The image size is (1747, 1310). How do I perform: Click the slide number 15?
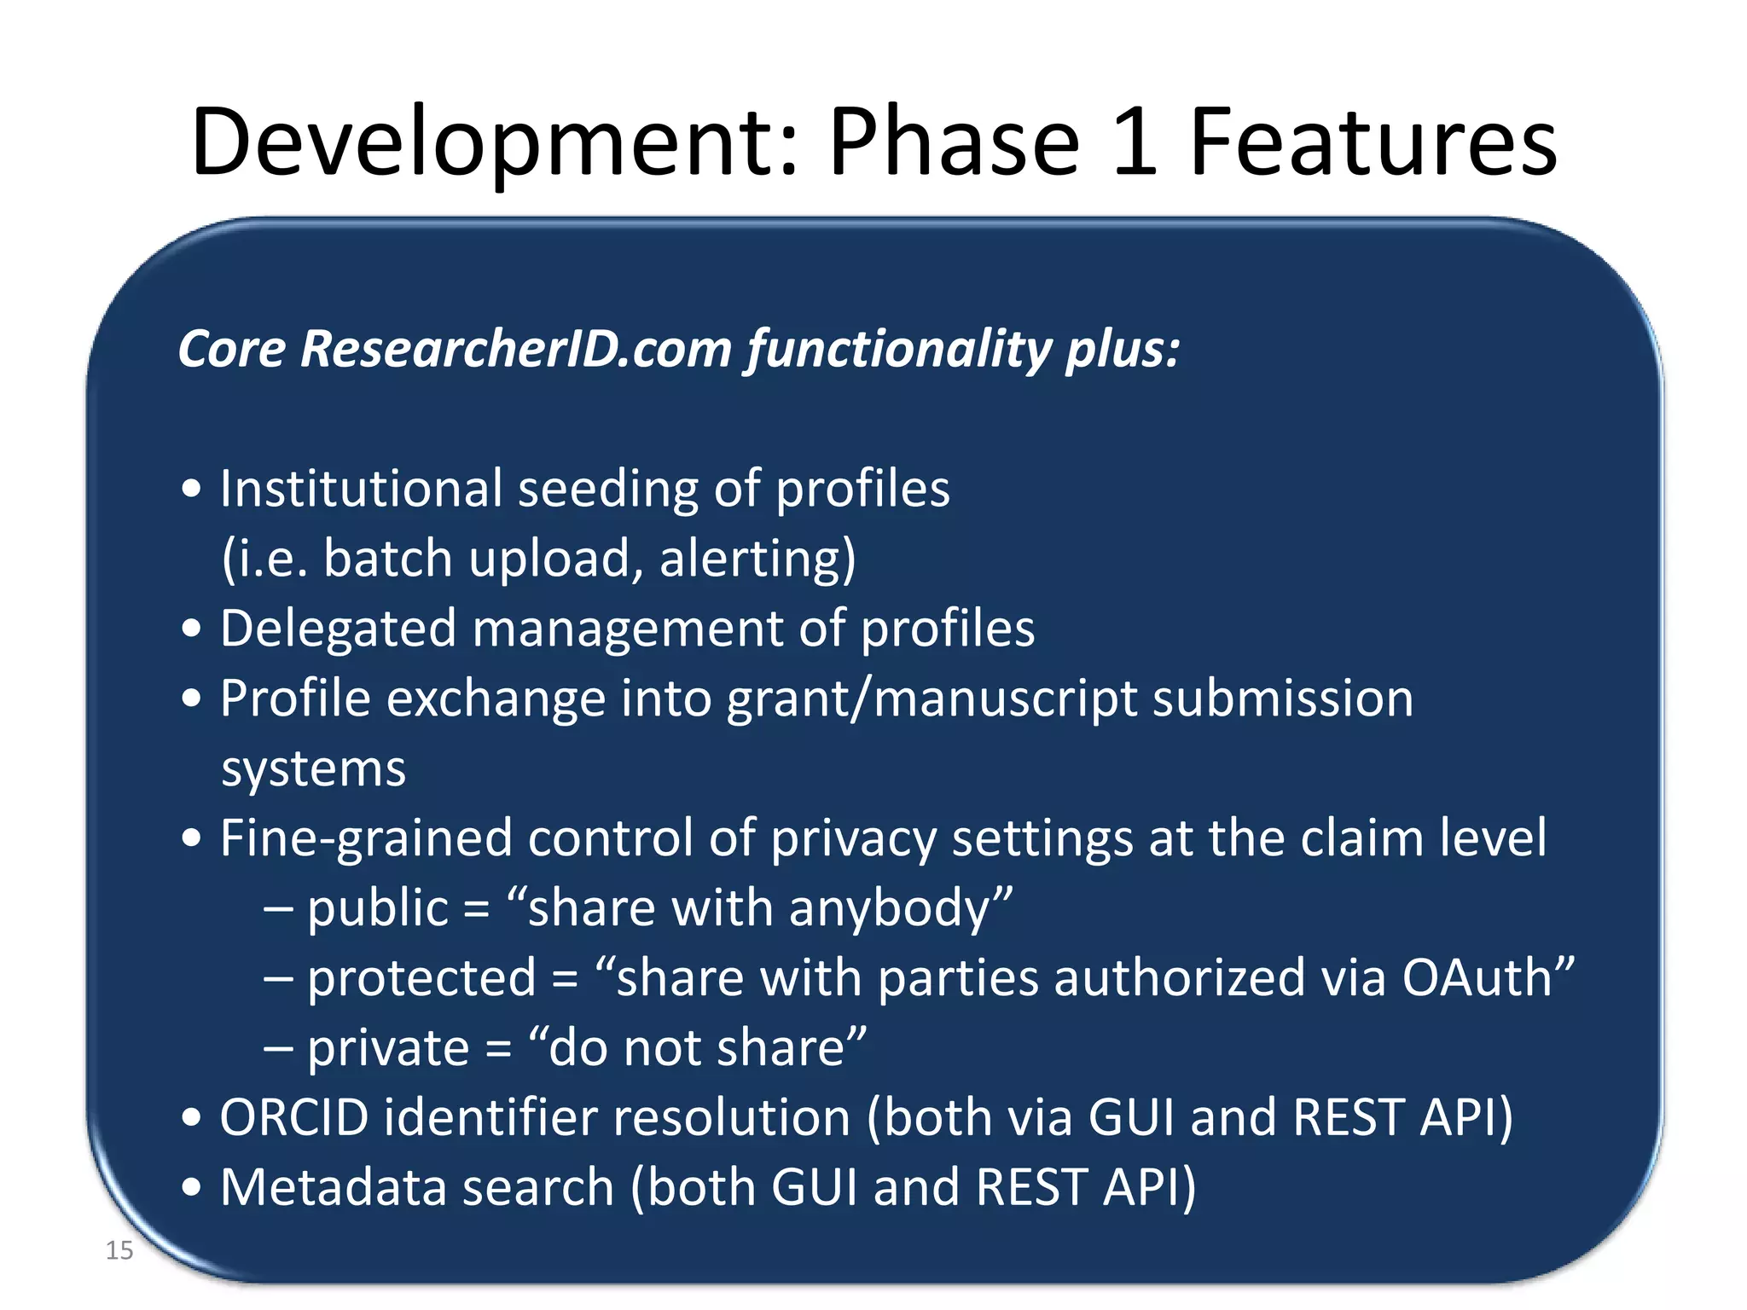tap(119, 1250)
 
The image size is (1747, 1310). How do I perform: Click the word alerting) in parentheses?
tap(757, 560)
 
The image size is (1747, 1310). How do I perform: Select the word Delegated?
tap(338, 629)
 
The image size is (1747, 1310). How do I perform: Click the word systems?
tap(313, 769)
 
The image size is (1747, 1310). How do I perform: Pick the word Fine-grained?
tap(366, 839)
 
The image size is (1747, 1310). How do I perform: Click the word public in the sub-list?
tap(377, 909)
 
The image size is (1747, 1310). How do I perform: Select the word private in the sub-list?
tap(388, 1049)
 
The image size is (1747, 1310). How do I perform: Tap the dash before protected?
tap(278, 979)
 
